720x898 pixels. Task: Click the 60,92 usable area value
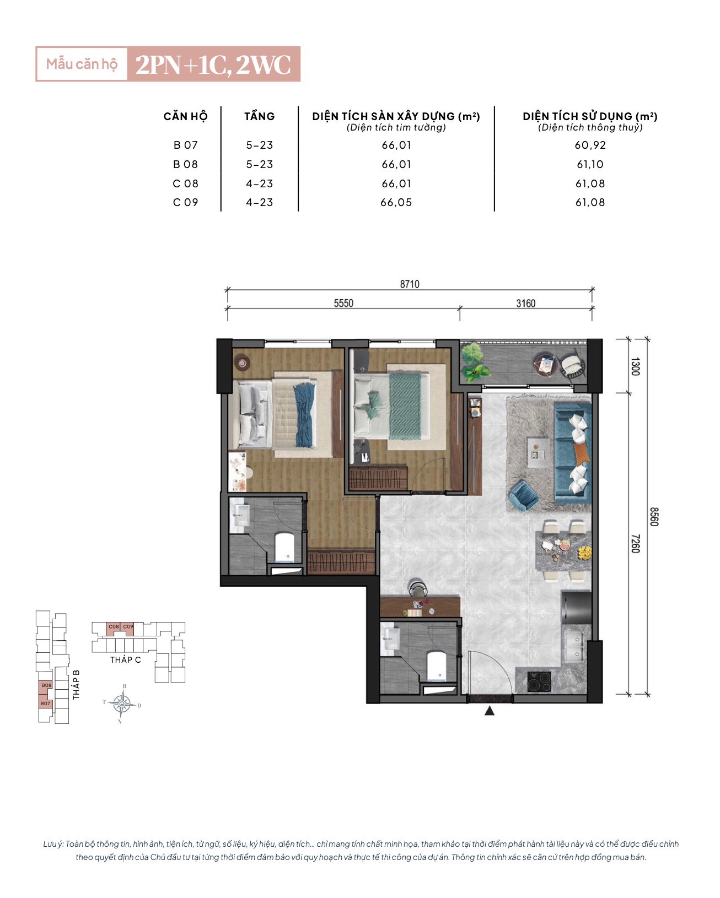590,145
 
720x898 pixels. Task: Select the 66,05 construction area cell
396,202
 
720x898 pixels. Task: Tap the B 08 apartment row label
185,164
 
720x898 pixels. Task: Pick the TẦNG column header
259,116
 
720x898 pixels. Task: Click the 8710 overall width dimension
409,284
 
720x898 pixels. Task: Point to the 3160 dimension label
525,304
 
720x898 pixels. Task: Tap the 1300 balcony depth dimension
635,366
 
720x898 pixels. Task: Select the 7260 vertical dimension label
635,543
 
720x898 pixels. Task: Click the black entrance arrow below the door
490,711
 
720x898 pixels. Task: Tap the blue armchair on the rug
523,495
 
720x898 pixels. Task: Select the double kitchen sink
575,646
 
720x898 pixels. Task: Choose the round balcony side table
545,364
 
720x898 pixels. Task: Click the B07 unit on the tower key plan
45,704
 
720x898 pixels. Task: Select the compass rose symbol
121,704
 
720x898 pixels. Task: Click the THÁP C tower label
125,660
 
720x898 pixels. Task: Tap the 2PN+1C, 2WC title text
213,64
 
